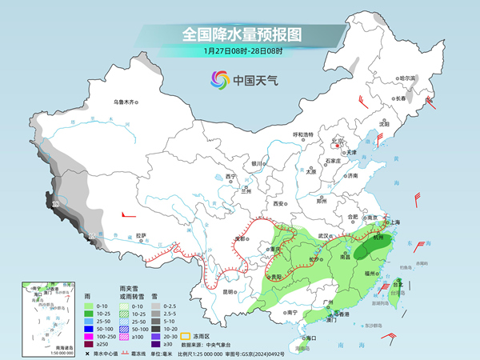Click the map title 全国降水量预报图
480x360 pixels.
[x=239, y=34]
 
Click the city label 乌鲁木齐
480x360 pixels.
[x=126, y=102]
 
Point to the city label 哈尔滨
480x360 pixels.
[x=407, y=78]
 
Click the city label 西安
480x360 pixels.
[x=279, y=204]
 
